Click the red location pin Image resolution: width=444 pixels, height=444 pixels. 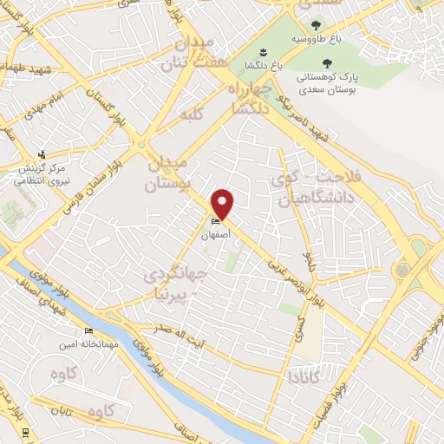(x=224, y=203)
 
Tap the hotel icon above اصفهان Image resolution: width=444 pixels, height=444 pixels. (x=216, y=222)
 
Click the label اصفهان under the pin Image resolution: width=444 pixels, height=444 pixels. (x=216, y=234)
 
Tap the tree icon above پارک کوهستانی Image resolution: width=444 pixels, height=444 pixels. (x=327, y=63)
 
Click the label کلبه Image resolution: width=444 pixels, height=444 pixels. (x=190, y=114)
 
